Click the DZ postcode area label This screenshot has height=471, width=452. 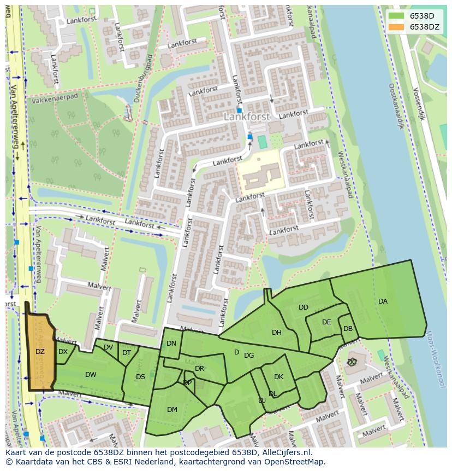(x=40, y=352)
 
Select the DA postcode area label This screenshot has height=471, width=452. (x=383, y=301)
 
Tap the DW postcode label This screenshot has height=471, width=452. (x=91, y=375)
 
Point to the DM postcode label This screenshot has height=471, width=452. (x=172, y=409)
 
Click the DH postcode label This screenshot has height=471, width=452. (x=277, y=333)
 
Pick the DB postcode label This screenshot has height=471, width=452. (x=348, y=329)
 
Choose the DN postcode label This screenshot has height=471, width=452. (x=171, y=344)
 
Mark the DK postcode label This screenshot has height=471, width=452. (x=278, y=377)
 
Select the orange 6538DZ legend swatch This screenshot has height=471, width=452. (x=396, y=26)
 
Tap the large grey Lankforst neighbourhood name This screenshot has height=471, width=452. (x=247, y=117)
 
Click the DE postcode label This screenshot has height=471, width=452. (x=326, y=322)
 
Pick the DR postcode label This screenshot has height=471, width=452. (x=199, y=369)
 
